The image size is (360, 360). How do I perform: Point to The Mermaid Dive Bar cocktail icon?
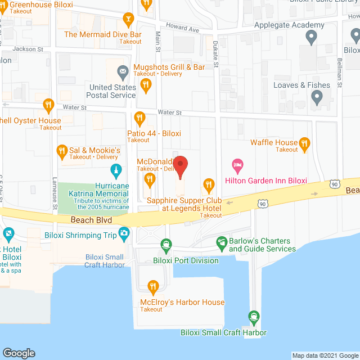click(129, 20)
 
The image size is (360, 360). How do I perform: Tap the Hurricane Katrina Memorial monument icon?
click(116, 170)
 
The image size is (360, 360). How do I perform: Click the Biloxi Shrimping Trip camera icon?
click(123, 233)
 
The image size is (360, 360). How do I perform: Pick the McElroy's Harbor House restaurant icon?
click(152, 287)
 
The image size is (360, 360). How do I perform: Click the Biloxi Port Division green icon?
click(166, 245)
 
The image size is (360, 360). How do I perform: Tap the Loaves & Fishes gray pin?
click(317, 98)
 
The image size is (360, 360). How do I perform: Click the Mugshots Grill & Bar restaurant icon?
click(146, 85)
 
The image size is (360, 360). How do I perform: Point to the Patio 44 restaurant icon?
click(140, 118)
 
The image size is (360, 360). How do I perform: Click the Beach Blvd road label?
click(92, 220)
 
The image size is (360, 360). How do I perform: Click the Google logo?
click(19, 353)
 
